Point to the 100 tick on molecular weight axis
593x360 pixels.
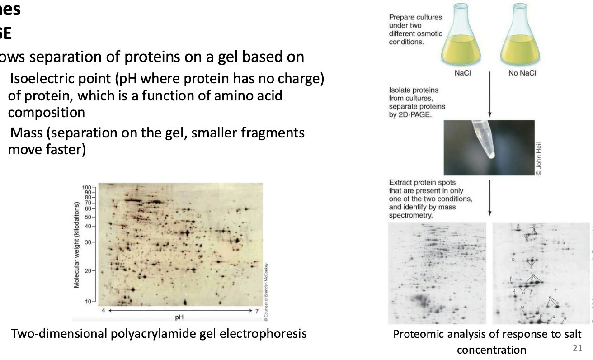click(86, 187)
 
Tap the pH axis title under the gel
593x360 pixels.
click(179, 316)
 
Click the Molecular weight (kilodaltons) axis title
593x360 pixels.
click(77, 244)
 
